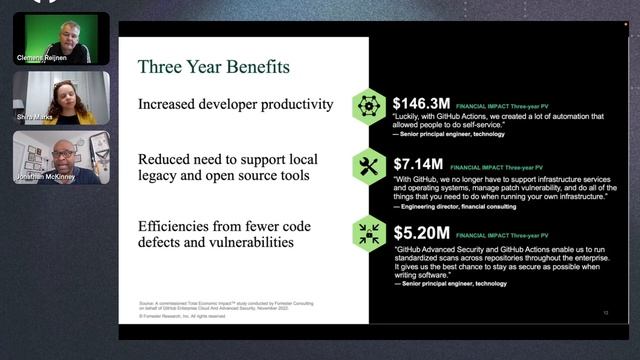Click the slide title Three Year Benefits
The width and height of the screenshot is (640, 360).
pyautogui.click(x=213, y=68)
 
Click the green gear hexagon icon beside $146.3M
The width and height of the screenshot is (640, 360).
pyautogui.click(x=369, y=105)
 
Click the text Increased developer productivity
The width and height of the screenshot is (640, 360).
pyautogui.click(x=235, y=104)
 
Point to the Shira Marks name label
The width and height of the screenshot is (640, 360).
pyautogui.click(x=34, y=118)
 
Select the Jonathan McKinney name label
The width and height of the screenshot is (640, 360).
pyautogui.click(x=45, y=178)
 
